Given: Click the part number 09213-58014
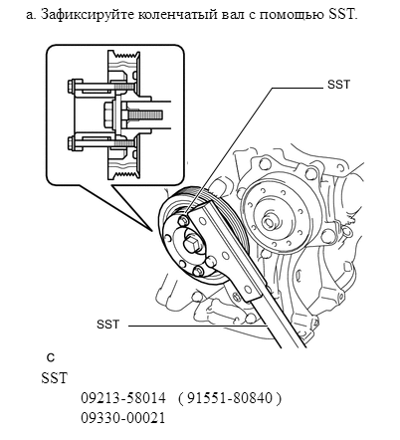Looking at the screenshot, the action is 123,397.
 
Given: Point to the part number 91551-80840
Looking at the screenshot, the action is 230,397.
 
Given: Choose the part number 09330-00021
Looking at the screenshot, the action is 123,418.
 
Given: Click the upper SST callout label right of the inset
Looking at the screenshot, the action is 338,85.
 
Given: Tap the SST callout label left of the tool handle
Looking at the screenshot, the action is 107,325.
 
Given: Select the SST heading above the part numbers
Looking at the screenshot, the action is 54,378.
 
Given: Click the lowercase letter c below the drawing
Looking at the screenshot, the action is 51,357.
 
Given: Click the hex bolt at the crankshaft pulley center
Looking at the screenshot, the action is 193,246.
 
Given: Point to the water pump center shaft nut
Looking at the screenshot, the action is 268,222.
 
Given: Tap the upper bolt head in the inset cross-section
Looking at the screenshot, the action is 75,87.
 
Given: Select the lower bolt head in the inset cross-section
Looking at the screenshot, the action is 75,143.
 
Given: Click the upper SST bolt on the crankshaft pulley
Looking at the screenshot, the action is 183,221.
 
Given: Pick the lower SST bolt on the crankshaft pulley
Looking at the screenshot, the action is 198,271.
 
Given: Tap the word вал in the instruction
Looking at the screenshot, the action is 234,15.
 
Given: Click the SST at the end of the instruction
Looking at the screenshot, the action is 342,15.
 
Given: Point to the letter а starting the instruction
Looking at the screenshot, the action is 31,15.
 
